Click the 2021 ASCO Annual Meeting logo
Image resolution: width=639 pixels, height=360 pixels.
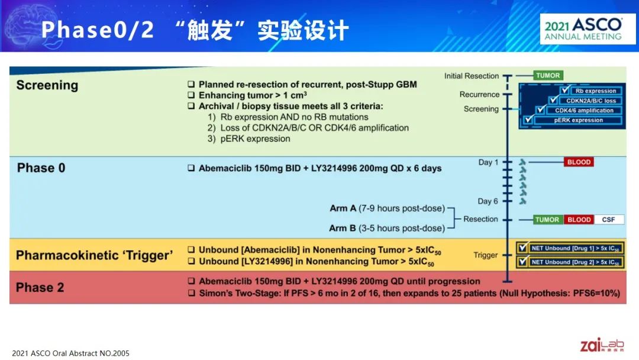588,29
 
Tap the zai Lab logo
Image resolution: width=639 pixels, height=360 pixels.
602,345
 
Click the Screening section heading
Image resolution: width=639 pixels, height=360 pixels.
47,85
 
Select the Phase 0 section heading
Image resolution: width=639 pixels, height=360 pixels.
41,168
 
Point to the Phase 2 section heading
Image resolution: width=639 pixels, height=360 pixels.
40,287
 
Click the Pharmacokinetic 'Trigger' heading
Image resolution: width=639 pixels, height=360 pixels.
95,255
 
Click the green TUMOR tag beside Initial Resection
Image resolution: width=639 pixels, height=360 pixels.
548,75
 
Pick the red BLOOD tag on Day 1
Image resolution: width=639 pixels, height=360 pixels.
579,162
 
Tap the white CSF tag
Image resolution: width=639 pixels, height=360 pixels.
608,220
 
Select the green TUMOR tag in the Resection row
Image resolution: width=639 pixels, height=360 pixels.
548,220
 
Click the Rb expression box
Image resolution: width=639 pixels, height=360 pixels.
595,91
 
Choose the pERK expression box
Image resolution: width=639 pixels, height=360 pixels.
578,120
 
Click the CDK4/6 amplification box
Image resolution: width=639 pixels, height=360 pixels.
584,111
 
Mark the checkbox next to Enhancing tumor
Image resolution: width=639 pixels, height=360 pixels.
191,95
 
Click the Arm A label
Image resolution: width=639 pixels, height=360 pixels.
343,208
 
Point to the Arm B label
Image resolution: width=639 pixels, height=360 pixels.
343,229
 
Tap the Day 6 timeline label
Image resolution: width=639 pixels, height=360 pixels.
488,201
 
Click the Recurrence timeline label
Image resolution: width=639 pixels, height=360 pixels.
479,95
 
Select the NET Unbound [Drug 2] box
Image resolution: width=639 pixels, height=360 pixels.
575,262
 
